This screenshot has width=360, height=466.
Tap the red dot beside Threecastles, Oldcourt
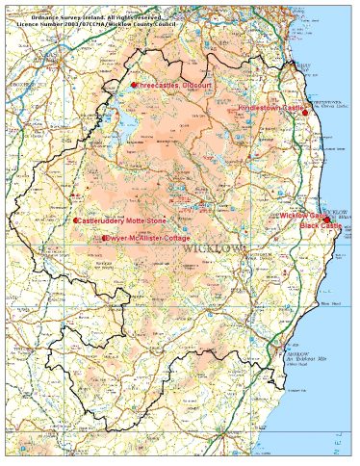[x=135, y=85]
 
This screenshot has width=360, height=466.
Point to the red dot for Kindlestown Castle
[x=305, y=114]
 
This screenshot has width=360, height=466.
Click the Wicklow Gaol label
[x=301, y=217]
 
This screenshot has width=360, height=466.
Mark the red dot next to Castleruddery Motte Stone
[x=76, y=220]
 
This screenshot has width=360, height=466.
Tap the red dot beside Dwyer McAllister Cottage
[x=104, y=238]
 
